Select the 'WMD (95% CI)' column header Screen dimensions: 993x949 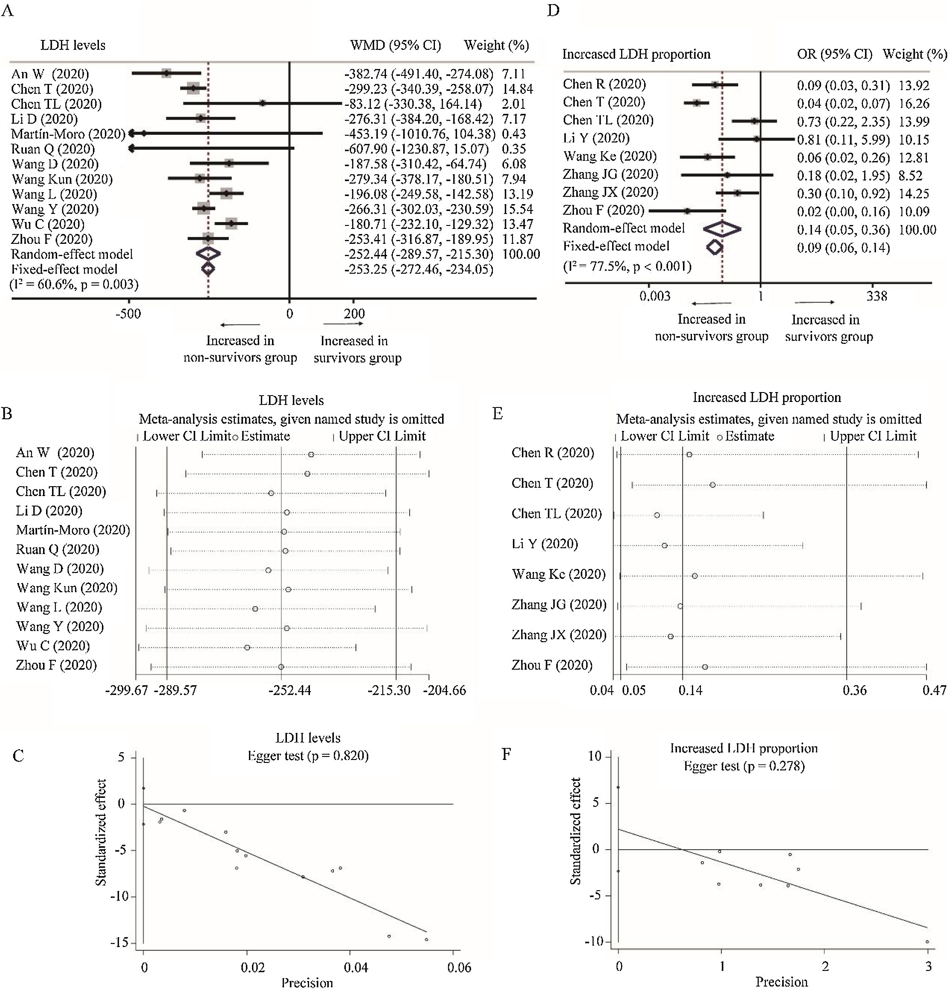pos(395,45)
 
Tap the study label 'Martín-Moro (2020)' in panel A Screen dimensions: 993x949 pos(68,134)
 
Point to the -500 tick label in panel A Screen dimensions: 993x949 pos(128,314)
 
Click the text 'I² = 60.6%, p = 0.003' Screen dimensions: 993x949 pos(74,284)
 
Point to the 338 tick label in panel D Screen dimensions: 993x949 pos(877,296)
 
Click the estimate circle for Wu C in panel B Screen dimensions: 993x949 pos(247,648)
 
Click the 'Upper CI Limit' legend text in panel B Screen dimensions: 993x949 pos(382,436)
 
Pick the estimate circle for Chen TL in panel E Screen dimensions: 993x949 pos(657,515)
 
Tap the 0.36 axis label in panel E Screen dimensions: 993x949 pos(855,690)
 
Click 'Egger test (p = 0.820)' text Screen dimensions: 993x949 pos(308,756)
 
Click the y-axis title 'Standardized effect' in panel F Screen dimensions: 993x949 pos(575,831)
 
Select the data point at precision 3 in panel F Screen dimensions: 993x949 pos(927,941)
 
